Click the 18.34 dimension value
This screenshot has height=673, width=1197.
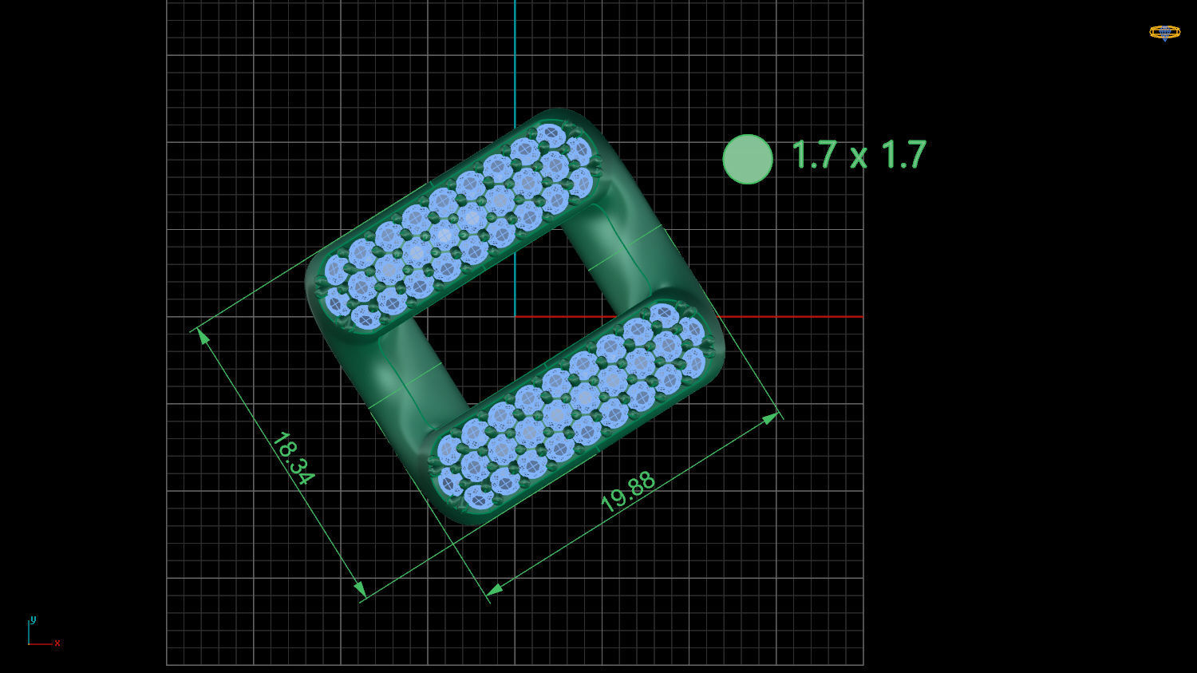pos(293,459)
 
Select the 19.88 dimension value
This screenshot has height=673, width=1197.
pos(628,492)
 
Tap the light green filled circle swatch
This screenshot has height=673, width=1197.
pos(748,159)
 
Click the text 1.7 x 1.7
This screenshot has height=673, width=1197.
pos(859,155)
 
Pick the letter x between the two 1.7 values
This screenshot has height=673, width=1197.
pos(859,157)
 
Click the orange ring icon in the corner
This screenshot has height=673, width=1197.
pos(1164,33)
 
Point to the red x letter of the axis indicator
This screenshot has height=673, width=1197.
pos(57,643)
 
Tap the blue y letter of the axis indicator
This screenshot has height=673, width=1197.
pos(33,620)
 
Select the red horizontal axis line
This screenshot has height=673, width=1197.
pos(798,317)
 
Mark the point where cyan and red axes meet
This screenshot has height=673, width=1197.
pos(515,317)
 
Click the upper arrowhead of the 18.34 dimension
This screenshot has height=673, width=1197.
pos(203,335)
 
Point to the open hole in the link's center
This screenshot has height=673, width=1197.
pos(515,319)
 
